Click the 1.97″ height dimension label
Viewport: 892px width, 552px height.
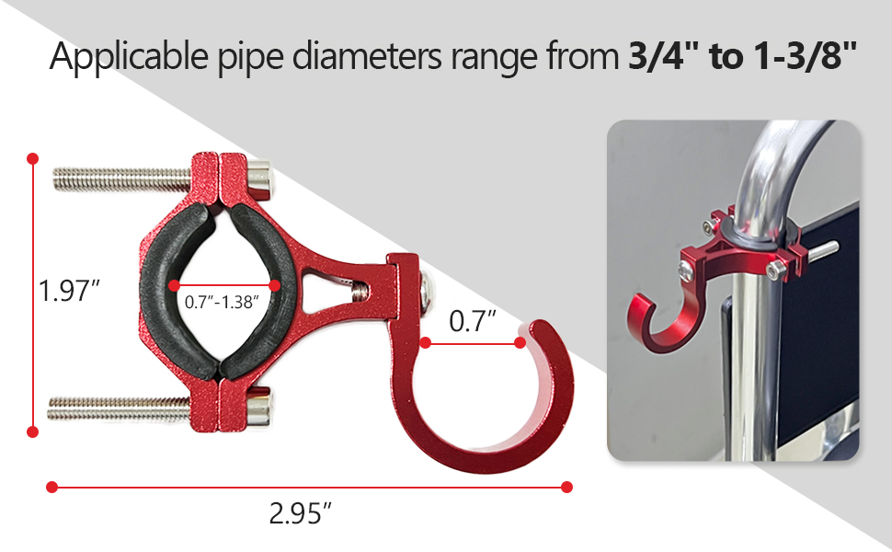pos(69,292)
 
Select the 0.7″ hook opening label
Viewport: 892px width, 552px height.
pos(473,322)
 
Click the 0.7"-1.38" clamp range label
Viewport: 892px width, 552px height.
pos(221,301)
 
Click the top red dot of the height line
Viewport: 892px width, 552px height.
pos(34,157)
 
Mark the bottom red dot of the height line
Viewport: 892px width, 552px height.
pos(34,431)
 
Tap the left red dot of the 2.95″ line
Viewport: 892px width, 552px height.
pos(52,487)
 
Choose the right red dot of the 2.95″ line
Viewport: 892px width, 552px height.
pos(566,487)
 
